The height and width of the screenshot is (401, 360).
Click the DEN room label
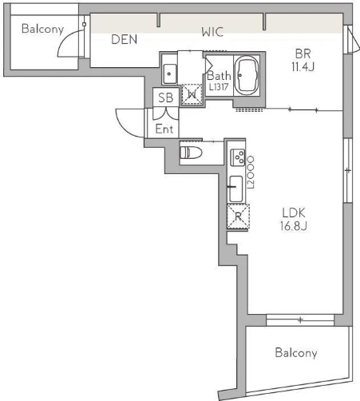[x=124, y=39]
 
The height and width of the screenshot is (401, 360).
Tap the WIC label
[x=212, y=32]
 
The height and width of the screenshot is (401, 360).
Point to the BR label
[x=303, y=54]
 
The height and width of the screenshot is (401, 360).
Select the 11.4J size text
[x=303, y=66]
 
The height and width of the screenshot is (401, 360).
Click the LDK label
[x=294, y=212]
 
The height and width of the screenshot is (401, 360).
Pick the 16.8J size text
[x=294, y=226]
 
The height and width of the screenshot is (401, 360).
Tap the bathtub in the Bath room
[x=247, y=75]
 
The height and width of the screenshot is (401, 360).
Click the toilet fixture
[x=191, y=153]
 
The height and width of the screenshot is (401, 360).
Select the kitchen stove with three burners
[x=238, y=157]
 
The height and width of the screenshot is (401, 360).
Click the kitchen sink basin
[x=236, y=189]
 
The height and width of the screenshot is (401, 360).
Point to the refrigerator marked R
[x=238, y=216]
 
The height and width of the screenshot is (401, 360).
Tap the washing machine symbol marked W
[x=192, y=94]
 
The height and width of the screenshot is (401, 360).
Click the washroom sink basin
[x=170, y=73]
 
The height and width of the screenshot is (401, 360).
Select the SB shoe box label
[x=165, y=97]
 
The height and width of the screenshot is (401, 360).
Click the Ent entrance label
[x=164, y=129]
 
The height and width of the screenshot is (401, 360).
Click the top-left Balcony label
[x=42, y=29]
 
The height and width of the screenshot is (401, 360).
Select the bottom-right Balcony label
[x=296, y=353]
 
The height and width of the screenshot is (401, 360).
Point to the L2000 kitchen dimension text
[x=251, y=173]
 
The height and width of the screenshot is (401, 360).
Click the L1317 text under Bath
[x=219, y=87]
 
